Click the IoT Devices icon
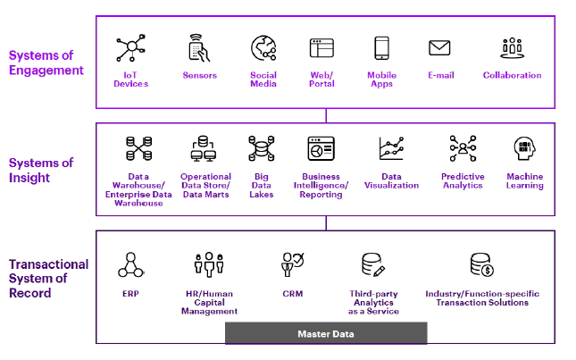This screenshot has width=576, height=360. tap(131, 48)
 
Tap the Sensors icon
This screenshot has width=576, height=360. tap(199, 48)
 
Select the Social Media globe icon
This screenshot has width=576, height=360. tap(263, 48)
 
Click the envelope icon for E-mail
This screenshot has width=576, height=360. tap(439, 48)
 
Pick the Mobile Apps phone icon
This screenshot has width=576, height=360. tap(381, 48)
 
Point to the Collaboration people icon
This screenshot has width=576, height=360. tap(512, 48)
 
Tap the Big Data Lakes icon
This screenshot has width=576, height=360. tap(260, 147)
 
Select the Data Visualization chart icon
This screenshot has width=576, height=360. tap(392, 147)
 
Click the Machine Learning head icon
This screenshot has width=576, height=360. tap(524, 147)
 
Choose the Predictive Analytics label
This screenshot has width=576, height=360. tap(463, 180)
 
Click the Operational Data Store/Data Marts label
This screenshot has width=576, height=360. tap(205, 185)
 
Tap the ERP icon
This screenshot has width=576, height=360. tap(129, 264)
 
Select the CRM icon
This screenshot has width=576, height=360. tap(292, 264)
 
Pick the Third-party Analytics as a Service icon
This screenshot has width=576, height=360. tap(373, 264)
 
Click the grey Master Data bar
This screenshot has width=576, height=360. tap(325, 333)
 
